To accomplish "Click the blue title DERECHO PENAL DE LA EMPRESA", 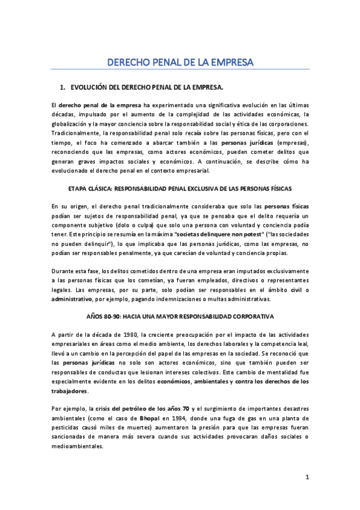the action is click(x=180, y=62).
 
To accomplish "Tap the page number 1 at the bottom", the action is click(x=307, y=478).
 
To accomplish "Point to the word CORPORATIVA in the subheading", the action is click(x=253, y=316).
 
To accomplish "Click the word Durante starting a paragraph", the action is click(x=63, y=271).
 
